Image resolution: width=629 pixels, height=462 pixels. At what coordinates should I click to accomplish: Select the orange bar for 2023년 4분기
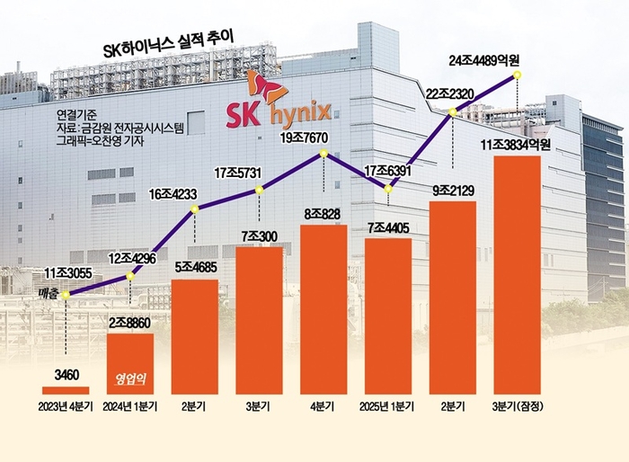(x=66, y=390)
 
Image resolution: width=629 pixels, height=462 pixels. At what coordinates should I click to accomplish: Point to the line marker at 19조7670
(x=323, y=155)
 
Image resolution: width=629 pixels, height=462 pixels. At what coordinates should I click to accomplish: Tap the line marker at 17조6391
(x=387, y=188)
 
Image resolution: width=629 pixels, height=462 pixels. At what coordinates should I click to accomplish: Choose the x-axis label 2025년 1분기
(x=387, y=407)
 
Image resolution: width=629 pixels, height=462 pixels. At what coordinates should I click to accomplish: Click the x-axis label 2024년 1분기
(x=130, y=407)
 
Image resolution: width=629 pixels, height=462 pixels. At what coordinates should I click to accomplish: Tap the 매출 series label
(x=50, y=293)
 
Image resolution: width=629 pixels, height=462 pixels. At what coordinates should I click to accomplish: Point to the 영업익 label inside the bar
(x=129, y=378)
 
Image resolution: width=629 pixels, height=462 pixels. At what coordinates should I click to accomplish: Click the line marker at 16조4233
(x=195, y=210)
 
